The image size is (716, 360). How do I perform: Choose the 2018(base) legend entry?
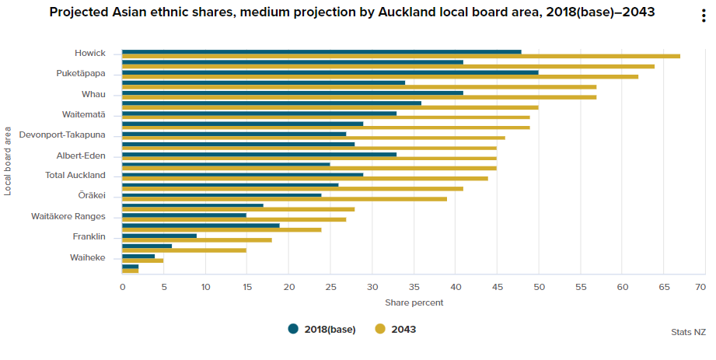click(322, 329)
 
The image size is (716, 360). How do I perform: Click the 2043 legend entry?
click(396, 329)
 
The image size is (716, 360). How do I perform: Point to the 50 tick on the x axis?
click(539, 287)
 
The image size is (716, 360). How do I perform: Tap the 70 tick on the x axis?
click(700, 287)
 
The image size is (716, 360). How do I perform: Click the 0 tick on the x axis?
click(122, 287)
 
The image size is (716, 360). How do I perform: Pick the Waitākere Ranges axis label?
click(68, 216)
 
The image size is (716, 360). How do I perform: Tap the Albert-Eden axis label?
click(81, 156)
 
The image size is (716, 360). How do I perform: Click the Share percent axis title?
click(414, 302)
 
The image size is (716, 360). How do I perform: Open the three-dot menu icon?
click(704, 17)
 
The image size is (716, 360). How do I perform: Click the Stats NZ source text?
click(688, 332)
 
